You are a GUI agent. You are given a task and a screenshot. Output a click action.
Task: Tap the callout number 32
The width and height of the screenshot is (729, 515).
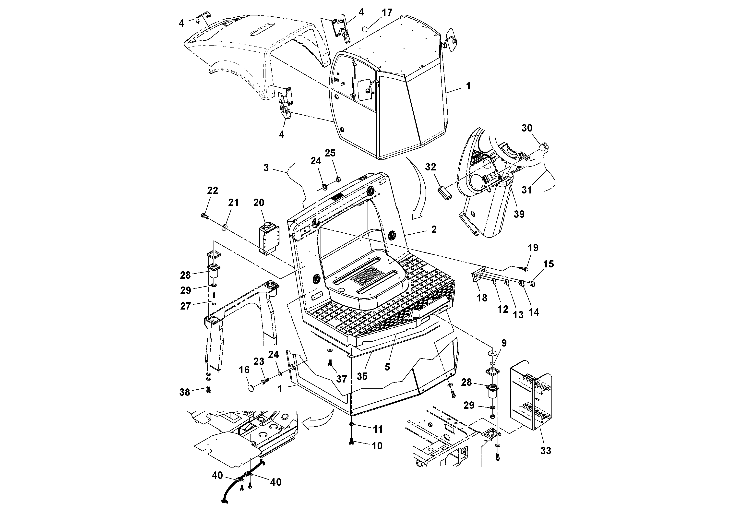[x=430, y=167]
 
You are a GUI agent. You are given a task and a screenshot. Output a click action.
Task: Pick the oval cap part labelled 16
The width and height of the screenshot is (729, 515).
[x=251, y=388]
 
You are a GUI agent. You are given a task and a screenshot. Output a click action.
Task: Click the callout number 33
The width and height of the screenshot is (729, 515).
[x=546, y=450]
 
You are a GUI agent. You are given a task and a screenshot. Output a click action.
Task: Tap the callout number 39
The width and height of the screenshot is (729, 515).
[x=519, y=214]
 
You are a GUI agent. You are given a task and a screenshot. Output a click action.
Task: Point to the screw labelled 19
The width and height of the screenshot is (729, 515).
[x=525, y=269]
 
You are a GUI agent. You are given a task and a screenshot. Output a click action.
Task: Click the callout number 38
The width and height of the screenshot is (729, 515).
[x=185, y=392]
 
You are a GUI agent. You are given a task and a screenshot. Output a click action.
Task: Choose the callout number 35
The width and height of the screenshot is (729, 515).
[x=362, y=376]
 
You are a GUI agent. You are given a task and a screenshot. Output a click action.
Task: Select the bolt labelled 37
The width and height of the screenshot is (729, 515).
[x=330, y=363]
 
